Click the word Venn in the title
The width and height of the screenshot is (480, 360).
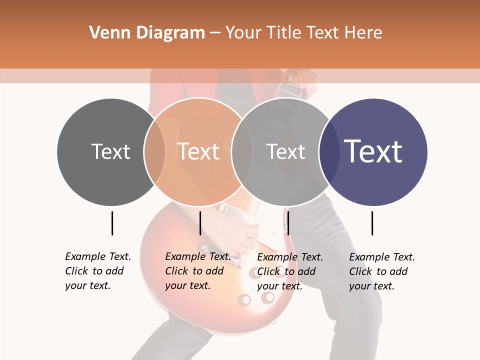coord(106,33)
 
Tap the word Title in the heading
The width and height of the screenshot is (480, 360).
coord(282,33)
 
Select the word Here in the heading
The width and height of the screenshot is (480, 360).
coord(363,33)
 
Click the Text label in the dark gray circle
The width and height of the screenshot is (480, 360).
coord(110,151)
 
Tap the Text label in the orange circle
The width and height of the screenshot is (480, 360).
coord(198,151)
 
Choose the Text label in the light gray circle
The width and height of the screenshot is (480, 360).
coord(285,151)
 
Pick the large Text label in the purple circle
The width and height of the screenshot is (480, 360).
coord(373,151)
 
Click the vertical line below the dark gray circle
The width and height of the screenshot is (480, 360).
coord(112,223)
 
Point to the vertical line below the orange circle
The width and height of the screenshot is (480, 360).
coord(200,223)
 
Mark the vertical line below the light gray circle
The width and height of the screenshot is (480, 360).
coord(288,223)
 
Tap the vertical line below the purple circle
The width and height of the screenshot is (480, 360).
coord(372,223)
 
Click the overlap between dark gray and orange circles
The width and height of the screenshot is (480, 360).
coord(154,151)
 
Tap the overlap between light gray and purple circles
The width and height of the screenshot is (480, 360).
coord(327,151)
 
